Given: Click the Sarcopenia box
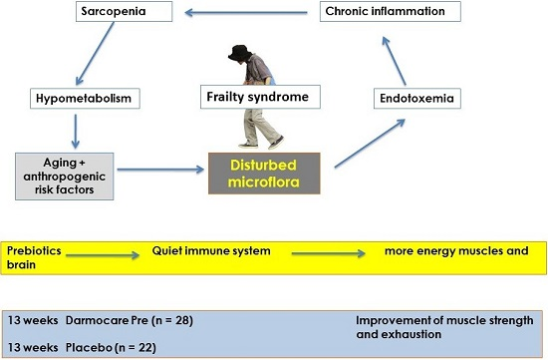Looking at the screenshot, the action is tap(125, 11).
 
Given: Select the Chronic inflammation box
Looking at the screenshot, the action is tap(390, 11).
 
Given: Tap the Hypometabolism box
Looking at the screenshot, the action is tap(85, 99).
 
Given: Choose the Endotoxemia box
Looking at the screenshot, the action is tap(417, 99).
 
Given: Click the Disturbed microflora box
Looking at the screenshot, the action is tap(264, 174).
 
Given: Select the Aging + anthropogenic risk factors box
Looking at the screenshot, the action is tap(65, 177).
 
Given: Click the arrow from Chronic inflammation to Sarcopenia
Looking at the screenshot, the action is tap(246, 13).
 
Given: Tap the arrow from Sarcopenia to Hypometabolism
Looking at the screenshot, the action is tap(95, 54).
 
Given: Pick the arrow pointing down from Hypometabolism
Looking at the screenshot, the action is tap(75, 132).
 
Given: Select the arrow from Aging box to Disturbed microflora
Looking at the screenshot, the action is tap(160, 170).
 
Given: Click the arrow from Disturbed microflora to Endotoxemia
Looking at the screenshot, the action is tap(370, 144).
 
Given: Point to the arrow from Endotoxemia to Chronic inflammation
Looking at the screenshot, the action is tap(394, 61).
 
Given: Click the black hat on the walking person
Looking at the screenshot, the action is tap(240, 52).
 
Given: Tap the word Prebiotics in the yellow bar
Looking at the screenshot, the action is tap(34, 251).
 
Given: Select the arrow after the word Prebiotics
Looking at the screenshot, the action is tap(103, 255).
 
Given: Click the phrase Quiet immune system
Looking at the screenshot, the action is tap(211, 251).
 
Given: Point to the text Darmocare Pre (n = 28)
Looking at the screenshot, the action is tap(130, 320).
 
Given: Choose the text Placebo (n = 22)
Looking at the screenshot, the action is tap(111, 348).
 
